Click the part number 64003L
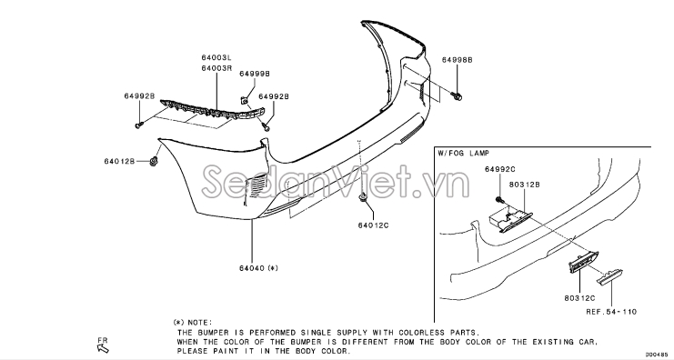(x=216, y=57)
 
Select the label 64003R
(x=216, y=68)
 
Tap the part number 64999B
(x=255, y=74)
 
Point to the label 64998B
(x=457, y=60)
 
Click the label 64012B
(x=119, y=161)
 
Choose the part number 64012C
(x=373, y=225)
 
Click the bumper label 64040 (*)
(x=258, y=268)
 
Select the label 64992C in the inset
(x=500, y=170)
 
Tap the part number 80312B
(x=525, y=185)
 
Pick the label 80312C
(x=579, y=298)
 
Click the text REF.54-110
(x=611, y=312)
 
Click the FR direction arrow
(x=104, y=348)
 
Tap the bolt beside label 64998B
(x=458, y=96)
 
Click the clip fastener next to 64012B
(x=153, y=162)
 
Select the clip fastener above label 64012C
(x=363, y=197)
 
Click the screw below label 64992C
(x=500, y=199)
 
